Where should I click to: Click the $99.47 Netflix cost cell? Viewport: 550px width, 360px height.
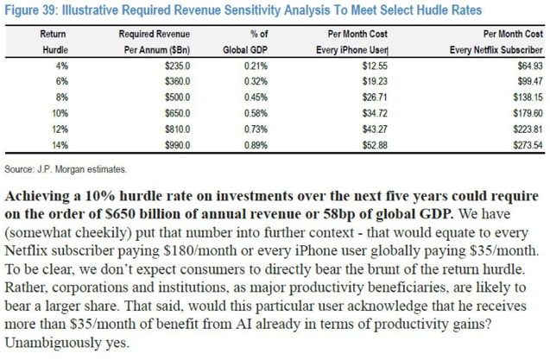point(515,81)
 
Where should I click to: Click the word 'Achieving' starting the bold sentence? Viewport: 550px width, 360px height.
point(40,194)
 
